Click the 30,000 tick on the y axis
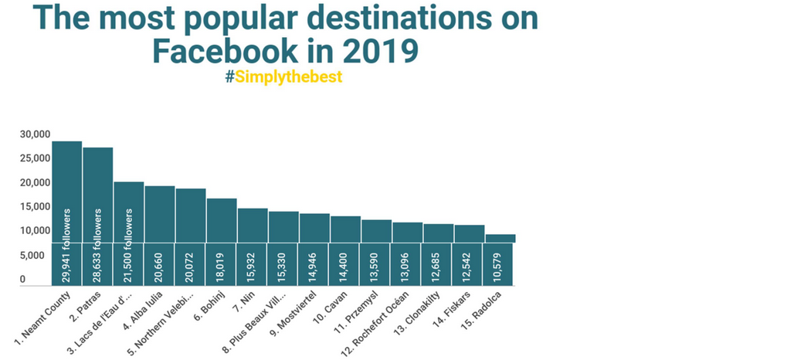click(x=35, y=134)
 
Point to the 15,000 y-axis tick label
click(x=35, y=207)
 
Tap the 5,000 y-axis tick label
click(x=32, y=256)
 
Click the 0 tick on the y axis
click(x=23, y=280)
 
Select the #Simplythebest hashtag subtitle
click(x=283, y=78)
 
